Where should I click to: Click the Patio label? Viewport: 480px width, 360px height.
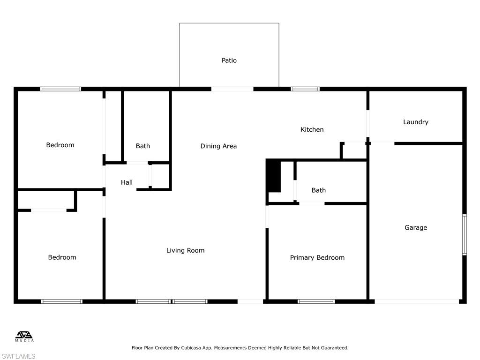coord(229,60)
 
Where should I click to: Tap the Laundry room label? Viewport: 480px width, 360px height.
coord(416,122)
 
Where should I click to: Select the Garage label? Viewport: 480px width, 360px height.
coord(416,228)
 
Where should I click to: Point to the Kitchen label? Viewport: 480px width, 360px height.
coord(312,129)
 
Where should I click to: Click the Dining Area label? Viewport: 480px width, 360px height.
coord(218,146)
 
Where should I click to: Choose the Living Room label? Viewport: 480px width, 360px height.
coord(185,250)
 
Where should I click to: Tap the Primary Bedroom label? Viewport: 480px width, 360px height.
coord(317,257)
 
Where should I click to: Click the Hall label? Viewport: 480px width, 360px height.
coord(127,182)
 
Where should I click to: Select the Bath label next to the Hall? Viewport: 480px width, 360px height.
coord(143,146)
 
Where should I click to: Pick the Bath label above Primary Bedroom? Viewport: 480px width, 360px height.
coord(318,190)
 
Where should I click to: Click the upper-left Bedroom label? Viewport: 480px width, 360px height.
coord(60,145)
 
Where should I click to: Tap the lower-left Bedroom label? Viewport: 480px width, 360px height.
coord(62,257)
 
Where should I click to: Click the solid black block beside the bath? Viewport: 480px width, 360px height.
coord(273,176)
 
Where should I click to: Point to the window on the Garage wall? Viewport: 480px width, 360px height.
coord(464,234)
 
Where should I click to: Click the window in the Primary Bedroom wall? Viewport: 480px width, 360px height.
coord(316,301)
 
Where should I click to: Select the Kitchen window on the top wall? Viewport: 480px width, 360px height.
coord(305,89)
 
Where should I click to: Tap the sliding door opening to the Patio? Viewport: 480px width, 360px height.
coord(232,89)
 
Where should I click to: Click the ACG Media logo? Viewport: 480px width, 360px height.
coord(24,336)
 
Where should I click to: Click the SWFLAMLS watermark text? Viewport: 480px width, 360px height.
coord(18,356)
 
